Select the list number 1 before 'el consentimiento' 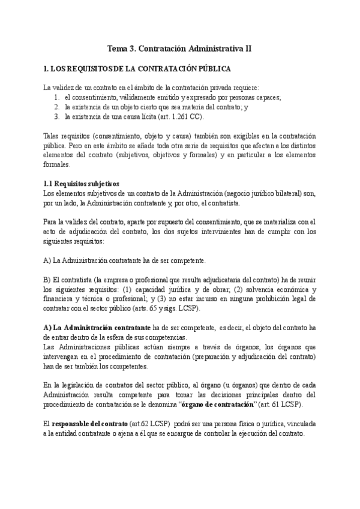click(x=56, y=97)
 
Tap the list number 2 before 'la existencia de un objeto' click(x=56, y=107)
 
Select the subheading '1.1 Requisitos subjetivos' click(x=82, y=184)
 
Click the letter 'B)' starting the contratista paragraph click(x=48, y=280)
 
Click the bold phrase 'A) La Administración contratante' click(x=97, y=328)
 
